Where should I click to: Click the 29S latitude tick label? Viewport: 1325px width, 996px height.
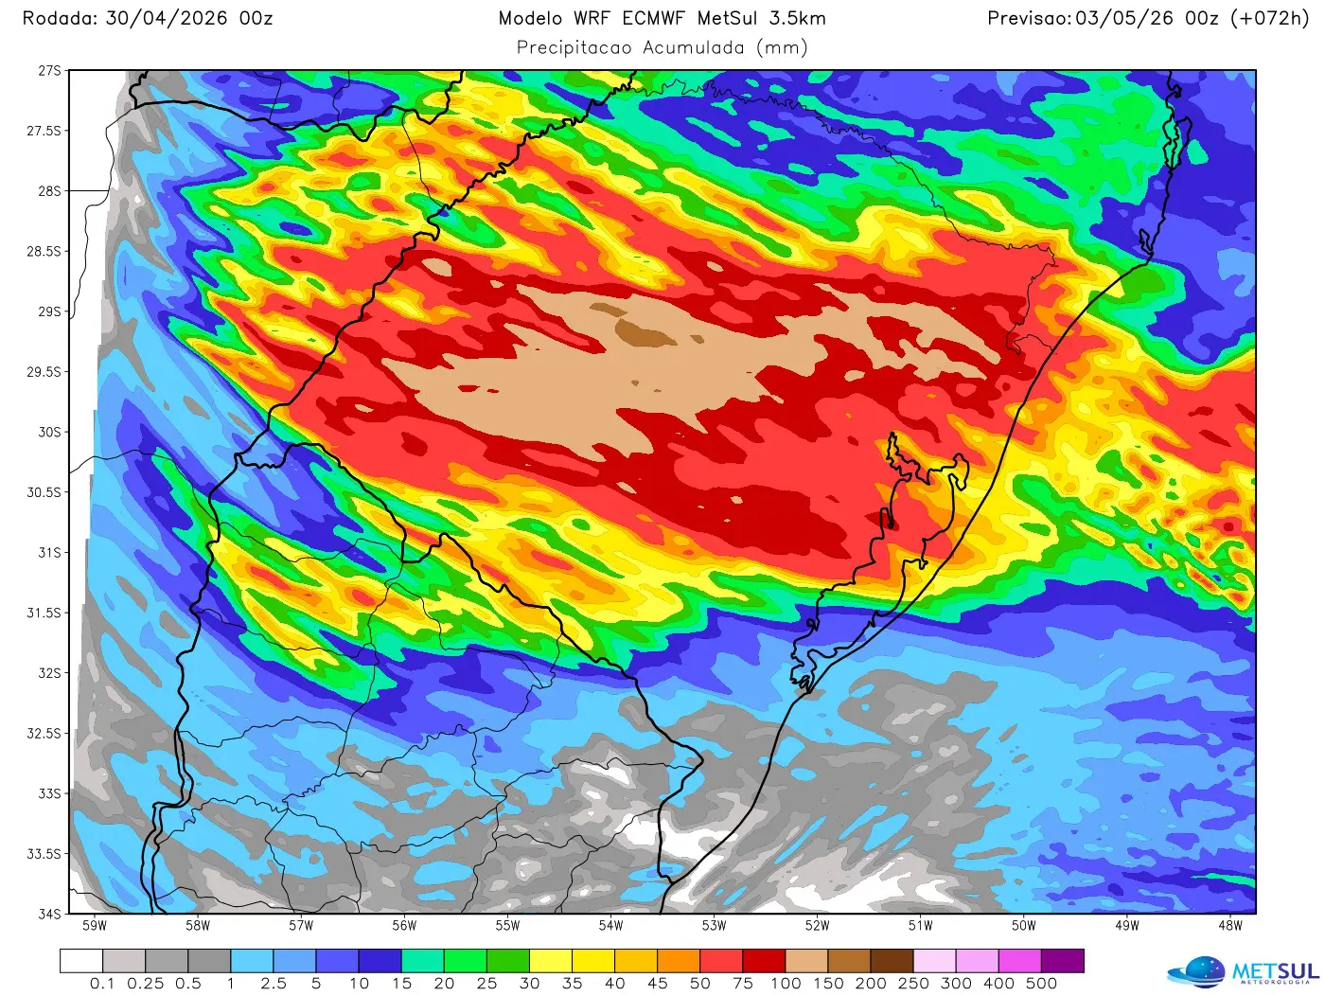click(49, 311)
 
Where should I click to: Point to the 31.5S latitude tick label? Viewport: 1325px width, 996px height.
click(44, 613)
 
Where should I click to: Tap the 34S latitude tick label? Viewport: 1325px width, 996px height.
click(49, 914)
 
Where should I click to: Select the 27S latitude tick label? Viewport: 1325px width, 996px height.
click(49, 71)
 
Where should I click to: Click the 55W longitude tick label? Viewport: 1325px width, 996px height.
click(507, 926)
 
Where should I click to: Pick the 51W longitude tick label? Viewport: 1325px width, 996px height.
click(920, 926)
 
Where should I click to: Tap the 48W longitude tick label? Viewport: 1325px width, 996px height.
click(1229, 926)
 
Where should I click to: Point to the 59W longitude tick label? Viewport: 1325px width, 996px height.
click(95, 926)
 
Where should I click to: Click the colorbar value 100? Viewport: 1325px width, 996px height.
click(786, 984)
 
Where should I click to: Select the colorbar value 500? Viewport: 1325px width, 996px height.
click(1041, 984)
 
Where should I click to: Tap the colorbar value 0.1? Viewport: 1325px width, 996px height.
click(102, 984)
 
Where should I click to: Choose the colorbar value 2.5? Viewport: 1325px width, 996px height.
click(274, 984)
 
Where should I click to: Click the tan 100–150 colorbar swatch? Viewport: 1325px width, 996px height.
click(806, 961)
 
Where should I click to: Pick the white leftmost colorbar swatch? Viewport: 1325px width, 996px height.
click(81, 961)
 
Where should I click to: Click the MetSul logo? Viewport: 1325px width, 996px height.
click(1244, 972)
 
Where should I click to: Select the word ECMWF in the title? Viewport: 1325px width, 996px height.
click(653, 18)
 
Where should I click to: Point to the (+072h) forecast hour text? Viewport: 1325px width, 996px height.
click(1269, 18)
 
